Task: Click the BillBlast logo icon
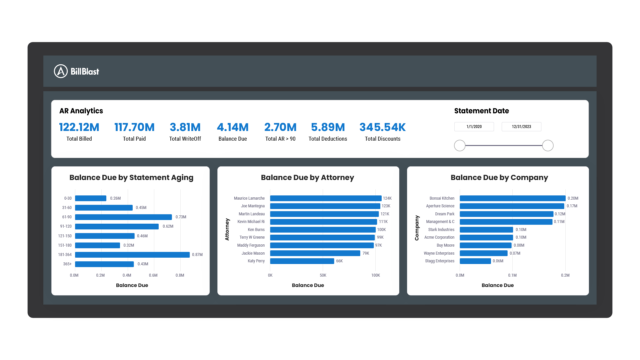pyautogui.click(x=61, y=71)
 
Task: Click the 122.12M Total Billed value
pyautogui.click(x=78, y=127)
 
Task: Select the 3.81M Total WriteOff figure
pyautogui.click(x=187, y=127)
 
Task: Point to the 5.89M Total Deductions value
pyautogui.click(x=327, y=127)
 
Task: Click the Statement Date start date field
pyautogui.click(x=474, y=127)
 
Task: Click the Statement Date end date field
pyautogui.click(x=522, y=127)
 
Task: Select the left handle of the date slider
pyautogui.click(x=459, y=146)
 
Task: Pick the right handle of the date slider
pyautogui.click(x=548, y=146)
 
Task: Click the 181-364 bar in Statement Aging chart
pyautogui.click(x=131, y=254)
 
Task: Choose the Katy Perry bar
pyautogui.click(x=301, y=260)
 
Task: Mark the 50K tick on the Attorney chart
pyautogui.click(x=323, y=274)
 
